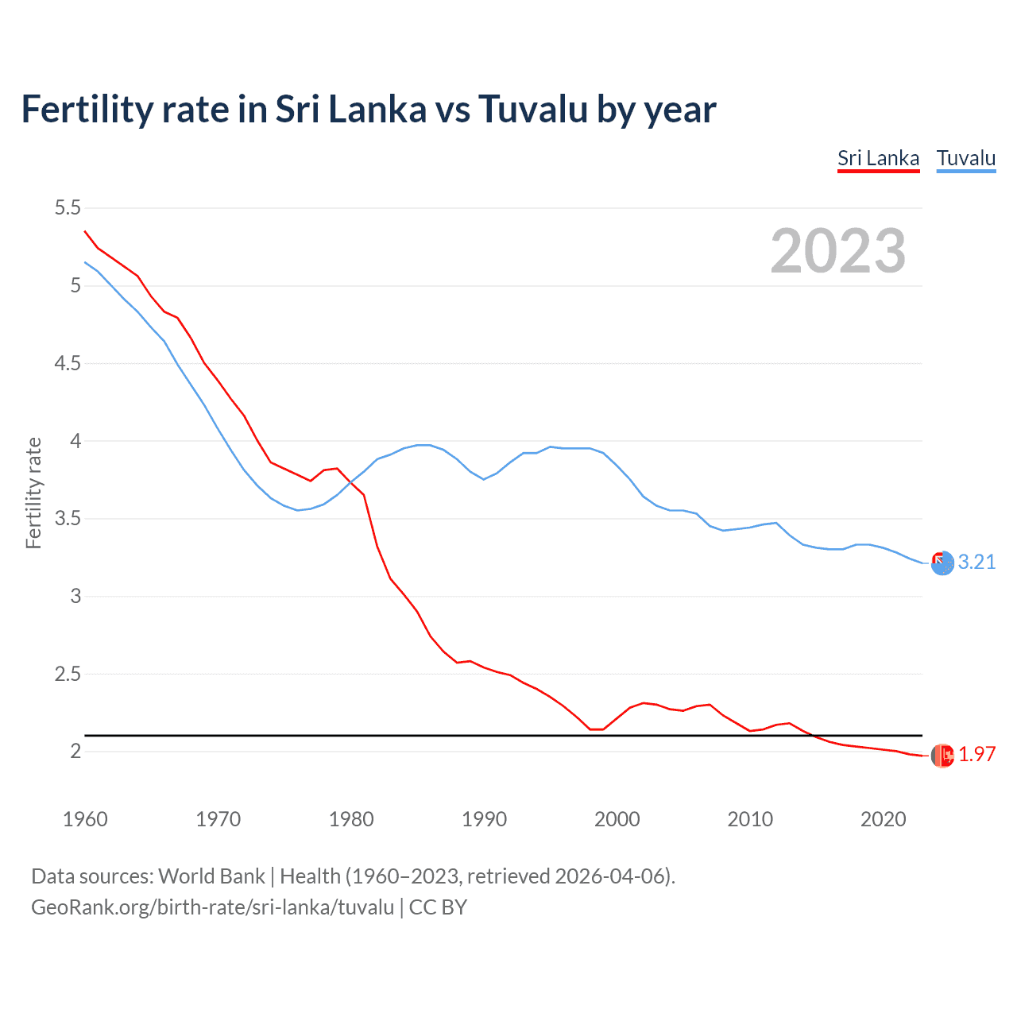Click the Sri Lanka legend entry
click(x=878, y=158)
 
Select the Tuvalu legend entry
click(x=965, y=158)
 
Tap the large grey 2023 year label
click(x=838, y=251)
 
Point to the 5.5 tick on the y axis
click(x=68, y=208)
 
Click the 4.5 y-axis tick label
click(x=68, y=363)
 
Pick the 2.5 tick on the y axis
click(x=68, y=674)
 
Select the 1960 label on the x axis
click(x=85, y=819)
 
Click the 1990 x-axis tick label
click(x=484, y=819)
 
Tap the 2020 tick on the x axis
click(x=883, y=819)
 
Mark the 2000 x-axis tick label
click(x=617, y=819)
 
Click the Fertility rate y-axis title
click(x=33, y=493)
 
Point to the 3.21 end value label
click(x=976, y=562)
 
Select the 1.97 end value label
click(x=976, y=754)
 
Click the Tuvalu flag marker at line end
click(x=942, y=563)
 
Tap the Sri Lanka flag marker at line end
click(x=942, y=755)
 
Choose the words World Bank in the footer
click(x=211, y=876)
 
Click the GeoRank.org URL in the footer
click(x=212, y=907)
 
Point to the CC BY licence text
click(x=438, y=907)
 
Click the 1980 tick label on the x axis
click(x=351, y=819)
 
